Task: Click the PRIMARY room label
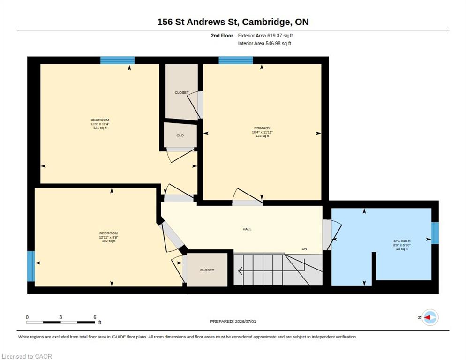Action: pos(262,128)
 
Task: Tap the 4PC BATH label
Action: pos(402,241)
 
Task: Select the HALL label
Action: pos(247,229)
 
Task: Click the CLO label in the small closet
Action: pos(180,135)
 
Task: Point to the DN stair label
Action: pos(304,248)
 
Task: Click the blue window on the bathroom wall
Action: pos(435,233)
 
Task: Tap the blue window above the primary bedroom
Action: pos(236,60)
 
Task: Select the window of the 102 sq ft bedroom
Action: pos(31,266)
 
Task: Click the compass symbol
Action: pos(430,317)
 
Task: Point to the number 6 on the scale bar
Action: pos(95,317)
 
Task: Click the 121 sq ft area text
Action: pos(100,127)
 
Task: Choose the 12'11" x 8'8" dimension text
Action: pos(108,237)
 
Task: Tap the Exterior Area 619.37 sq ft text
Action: pos(265,36)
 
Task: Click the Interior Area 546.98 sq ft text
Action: pos(264,44)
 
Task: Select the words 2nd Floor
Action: pos(222,36)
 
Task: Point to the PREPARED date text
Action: pos(233,321)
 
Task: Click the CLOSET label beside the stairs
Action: pos(207,270)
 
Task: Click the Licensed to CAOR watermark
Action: pos(27,356)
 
